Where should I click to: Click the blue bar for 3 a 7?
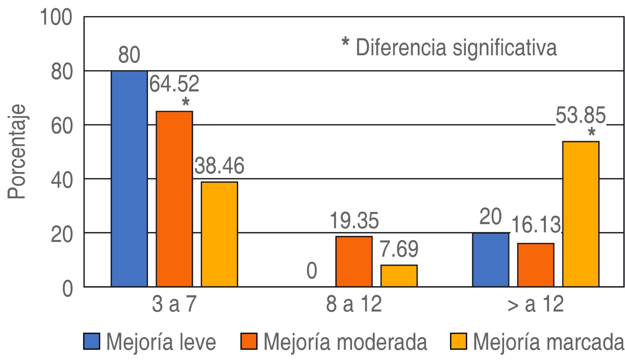tap(129, 179)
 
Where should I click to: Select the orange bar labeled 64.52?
tap(174, 199)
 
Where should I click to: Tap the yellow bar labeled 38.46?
tap(219, 234)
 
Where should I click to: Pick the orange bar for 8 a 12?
tap(354, 261)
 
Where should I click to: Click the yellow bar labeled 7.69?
tap(399, 276)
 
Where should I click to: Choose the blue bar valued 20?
tap(490, 259)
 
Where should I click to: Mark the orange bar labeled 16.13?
tap(535, 265)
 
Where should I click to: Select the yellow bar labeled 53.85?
tap(581, 214)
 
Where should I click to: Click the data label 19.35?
tap(354, 221)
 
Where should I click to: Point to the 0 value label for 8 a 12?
tap(312, 271)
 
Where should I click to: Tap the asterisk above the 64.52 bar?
tap(185, 102)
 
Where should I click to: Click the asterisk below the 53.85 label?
tap(591, 133)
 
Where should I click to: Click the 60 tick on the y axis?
tap(61, 126)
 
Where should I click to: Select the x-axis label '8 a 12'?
tap(354, 304)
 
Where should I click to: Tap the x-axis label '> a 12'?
tap(535, 304)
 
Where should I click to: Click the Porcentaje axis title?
tap(17, 152)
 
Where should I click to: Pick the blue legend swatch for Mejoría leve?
tap(92, 341)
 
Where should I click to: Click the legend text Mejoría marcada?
tap(548, 341)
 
